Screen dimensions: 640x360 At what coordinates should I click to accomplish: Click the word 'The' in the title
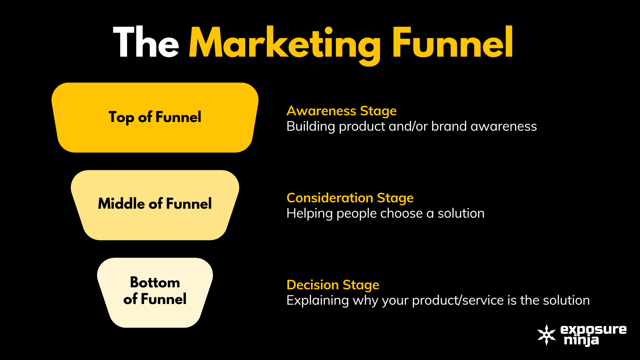pos(146,42)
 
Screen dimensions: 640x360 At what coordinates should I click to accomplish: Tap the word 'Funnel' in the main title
pos(453,42)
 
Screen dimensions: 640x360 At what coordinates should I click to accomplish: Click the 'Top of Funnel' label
pos(155,117)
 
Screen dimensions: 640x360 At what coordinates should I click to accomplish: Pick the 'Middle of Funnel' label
pos(155,204)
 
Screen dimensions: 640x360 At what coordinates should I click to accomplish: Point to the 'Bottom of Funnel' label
pos(155,291)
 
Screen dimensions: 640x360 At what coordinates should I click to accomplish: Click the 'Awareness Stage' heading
pos(342,111)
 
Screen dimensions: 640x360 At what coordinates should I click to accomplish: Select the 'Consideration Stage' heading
pos(350,198)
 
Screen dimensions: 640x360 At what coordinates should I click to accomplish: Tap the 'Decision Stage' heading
pos(333,285)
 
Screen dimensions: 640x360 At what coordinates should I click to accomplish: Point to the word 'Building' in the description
pos(311,127)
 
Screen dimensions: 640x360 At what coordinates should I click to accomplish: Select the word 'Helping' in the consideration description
pos(310,214)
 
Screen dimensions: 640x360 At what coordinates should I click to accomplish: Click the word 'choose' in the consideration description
pos(401,213)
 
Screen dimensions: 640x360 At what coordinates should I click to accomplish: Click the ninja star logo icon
pos(547,335)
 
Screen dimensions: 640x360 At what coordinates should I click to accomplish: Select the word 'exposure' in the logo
pos(594,330)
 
